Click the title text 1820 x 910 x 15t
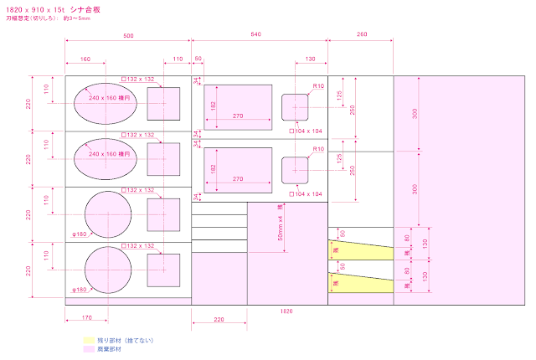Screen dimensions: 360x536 (31, 8)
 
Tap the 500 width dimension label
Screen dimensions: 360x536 (127, 37)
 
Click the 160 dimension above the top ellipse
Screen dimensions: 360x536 (85, 60)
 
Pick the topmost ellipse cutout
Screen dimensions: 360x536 (106, 103)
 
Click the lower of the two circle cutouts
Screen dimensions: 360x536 (108, 270)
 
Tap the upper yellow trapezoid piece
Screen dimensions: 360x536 (360, 249)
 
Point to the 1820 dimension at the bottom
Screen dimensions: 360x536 (287, 310)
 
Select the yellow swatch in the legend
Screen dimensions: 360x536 (89, 340)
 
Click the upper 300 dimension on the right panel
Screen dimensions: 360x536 (415, 114)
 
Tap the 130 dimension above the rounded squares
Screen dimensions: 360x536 (310, 60)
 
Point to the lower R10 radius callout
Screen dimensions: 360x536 (318, 149)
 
